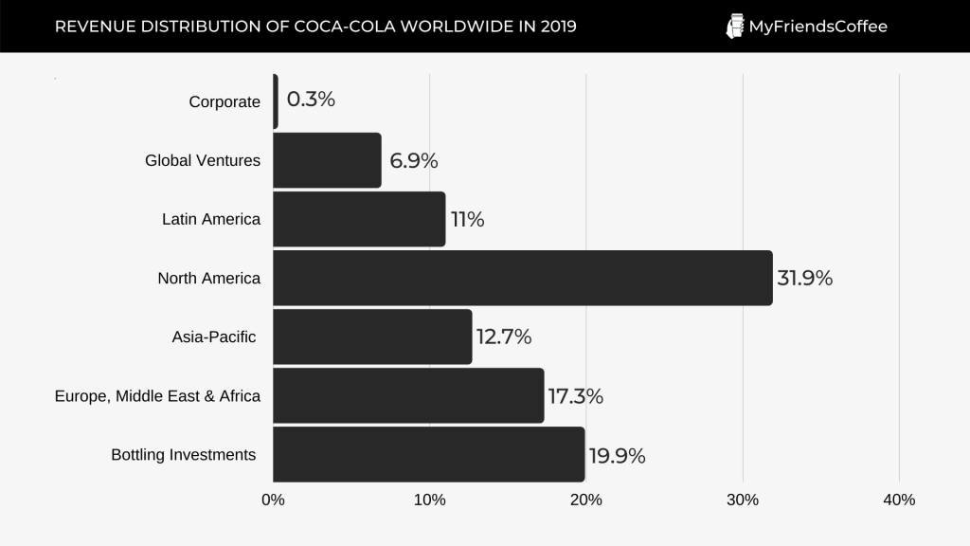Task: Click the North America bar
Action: (523, 278)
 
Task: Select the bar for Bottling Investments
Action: (429, 455)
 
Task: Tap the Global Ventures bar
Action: (327, 160)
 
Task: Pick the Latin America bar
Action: (359, 219)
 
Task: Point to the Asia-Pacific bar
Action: (372, 337)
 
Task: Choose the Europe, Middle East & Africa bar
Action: (408, 395)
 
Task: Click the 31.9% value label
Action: (804, 279)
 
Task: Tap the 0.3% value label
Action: (311, 100)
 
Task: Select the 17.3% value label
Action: (575, 396)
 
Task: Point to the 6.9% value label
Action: (413, 161)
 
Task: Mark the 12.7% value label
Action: (503, 337)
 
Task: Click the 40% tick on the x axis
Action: (898, 500)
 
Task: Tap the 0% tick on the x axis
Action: (273, 500)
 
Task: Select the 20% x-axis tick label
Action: (585, 500)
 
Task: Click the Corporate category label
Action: (225, 102)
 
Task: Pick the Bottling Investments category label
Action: (184, 455)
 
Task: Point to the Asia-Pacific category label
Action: (214, 337)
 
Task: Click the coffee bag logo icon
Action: (734, 27)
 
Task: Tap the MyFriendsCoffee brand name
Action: (817, 27)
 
